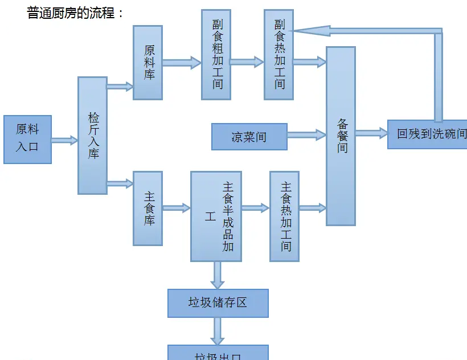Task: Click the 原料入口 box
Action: [x=27, y=139]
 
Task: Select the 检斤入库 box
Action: [x=92, y=136]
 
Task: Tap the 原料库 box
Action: [x=148, y=63]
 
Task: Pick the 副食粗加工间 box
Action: [x=216, y=55]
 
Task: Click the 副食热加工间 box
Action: [x=278, y=55]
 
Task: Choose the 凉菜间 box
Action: [x=249, y=137]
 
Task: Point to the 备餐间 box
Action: [x=341, y=136]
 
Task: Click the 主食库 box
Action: [x=148, y=208]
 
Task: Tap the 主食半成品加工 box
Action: [x=216, y=216]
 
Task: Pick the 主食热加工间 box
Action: [x=284, y=216]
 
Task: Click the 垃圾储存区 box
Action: [x=218, y=303]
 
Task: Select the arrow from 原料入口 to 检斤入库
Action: [x=64, y=140]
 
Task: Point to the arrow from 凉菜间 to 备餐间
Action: [x=306, y=135]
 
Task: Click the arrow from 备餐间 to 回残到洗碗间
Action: [x=371, y=133]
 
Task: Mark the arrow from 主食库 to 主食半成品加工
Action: [x=176, y=208]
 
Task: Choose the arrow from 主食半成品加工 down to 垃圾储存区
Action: [x=217, y=275]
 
